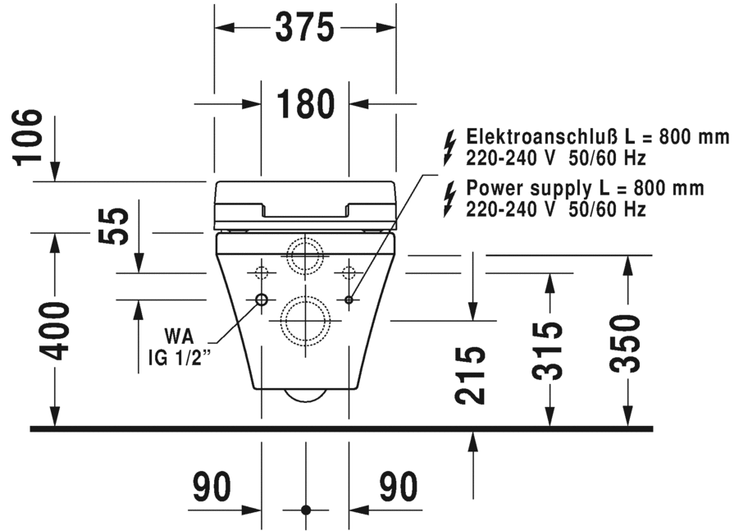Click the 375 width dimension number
click(304, 29)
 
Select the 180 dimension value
click(305, 104)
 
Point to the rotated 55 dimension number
click(118, 226)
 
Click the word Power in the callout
click(492, 189)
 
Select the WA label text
click(181, 336)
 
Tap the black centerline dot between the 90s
click(306, 510)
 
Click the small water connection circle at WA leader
click(262, 300)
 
